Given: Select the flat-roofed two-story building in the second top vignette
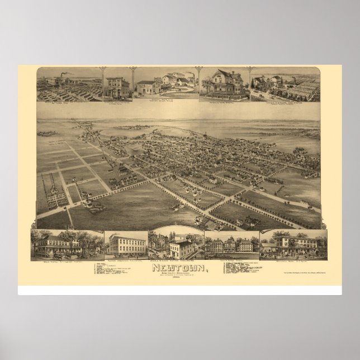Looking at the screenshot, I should [x=116, y=86].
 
